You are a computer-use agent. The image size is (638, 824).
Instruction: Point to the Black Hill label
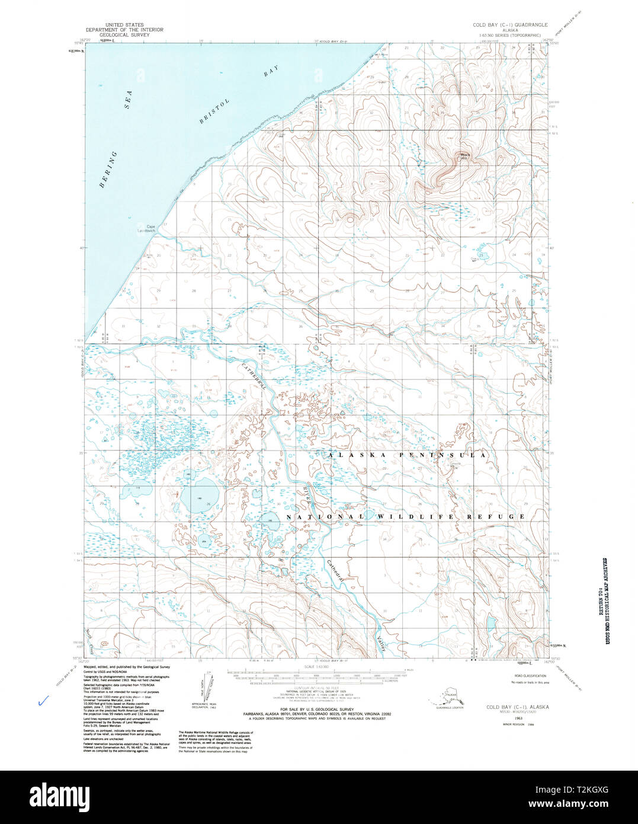[x=464, y=157]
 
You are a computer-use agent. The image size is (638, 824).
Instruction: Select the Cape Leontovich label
[x=146, y=228]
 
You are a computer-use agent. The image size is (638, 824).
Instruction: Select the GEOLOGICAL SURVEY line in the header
[x=124, y=35]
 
